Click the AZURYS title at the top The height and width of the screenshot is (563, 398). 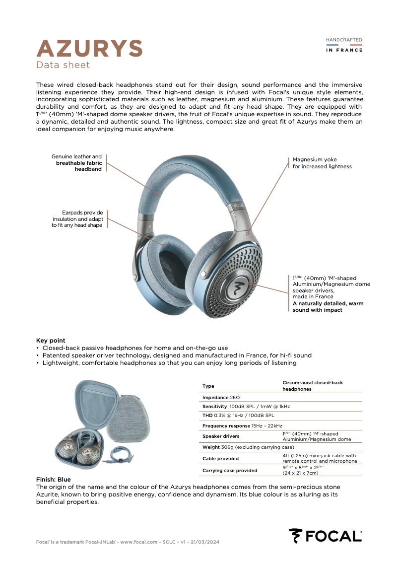coord(90,48)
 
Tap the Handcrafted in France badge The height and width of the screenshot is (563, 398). coord(344,45)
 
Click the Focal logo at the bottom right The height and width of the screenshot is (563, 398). coord(326,536)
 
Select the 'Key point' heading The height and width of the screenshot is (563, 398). coord(51,341)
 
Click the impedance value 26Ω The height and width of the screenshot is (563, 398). coord(235,398)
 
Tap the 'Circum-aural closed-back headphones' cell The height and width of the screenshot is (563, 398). coord(313,386)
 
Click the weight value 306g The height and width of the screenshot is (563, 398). coord(226,448)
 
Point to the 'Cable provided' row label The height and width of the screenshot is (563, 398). coord(220,458)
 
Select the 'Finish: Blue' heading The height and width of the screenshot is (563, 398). coord(54,480)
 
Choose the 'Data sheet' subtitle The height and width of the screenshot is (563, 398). coord(63,65)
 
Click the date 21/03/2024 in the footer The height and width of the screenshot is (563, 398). coord(202,542)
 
